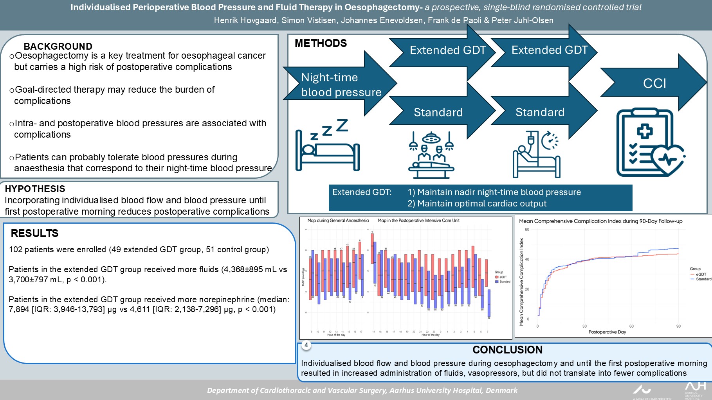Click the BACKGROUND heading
tap(58, 46)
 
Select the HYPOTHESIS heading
tap(35, 189)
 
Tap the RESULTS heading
tap(34, 233)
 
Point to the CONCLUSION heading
tap(507, 350)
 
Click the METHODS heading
tap(321, 43)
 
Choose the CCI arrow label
tap(654, 83)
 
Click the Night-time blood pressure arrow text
tap(341, 85)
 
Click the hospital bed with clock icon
tap(536, 155)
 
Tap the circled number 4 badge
tap(306, 345)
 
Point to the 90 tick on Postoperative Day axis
tap(678, 326)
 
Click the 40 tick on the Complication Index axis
tap(527, 259)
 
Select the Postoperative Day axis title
tap(607, 332)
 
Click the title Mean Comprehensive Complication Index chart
tap(600, 221)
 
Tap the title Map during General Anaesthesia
tap(338, 221)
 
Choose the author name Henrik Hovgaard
tap(245, 20)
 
